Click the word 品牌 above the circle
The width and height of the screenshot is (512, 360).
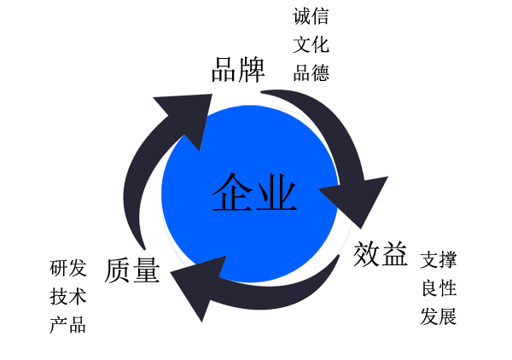[x=238, y=69]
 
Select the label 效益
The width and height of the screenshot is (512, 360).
[x=381, y=253]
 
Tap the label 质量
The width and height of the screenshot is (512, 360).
[x=132, y=270]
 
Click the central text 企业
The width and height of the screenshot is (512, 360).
[x=254, y=193]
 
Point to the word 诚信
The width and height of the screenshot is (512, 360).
[x=311, y=16]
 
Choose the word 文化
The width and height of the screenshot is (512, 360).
[x=311, y=44]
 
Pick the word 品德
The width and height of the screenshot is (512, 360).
[x=311, y=73]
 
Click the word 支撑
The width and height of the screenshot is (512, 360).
[x=439, y=259]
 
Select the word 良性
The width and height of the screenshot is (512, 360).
[x=439, y=288]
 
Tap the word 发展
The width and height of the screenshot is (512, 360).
[x=439, y=317]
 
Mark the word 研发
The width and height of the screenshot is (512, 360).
[x=68, y=268]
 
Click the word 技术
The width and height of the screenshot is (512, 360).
[x=68, y=297]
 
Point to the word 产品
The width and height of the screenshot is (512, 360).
[x=68, y=325]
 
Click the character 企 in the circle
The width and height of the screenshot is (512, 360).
[x=232, y=193]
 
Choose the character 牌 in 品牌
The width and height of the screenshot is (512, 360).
[x=252, y=69]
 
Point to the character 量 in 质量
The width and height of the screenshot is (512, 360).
[x=146, y=270]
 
